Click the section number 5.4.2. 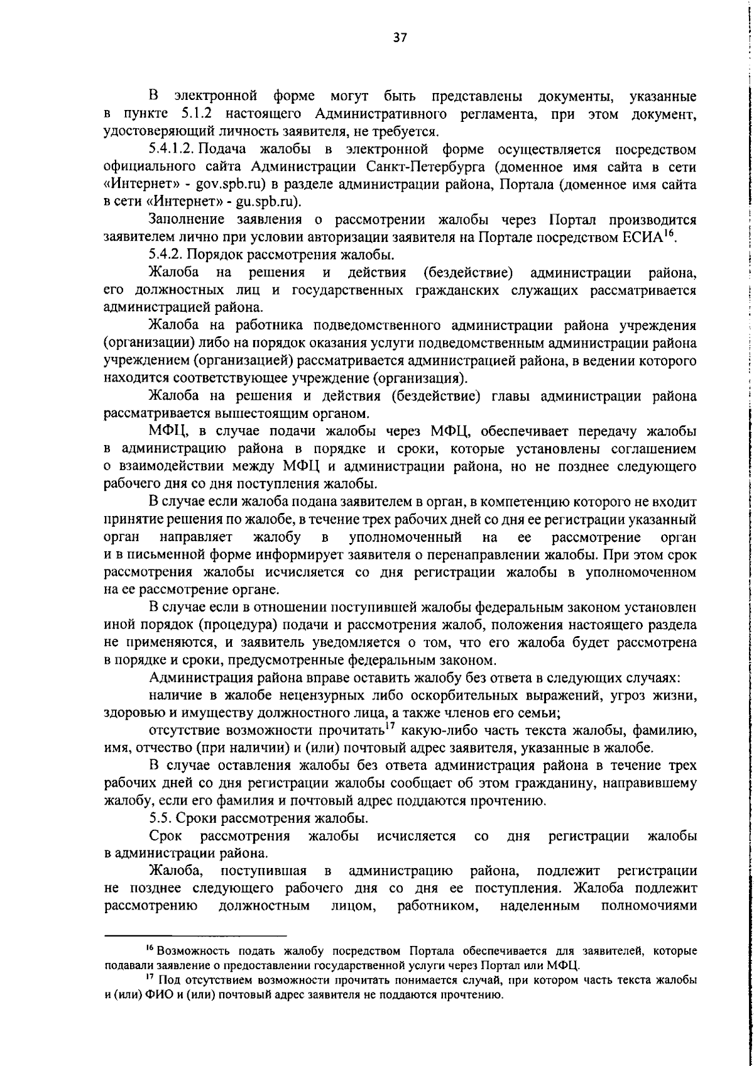[166, 255]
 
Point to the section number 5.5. [160, 818]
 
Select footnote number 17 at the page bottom [150, 996]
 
